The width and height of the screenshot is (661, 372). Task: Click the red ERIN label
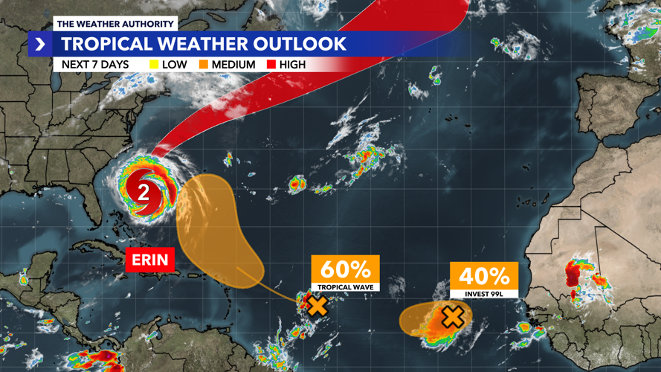pos(152,260)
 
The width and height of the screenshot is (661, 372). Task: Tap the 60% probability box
pos(345,269)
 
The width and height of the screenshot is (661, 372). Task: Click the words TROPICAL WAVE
pos(345,286)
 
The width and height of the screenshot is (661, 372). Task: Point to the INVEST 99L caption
pos(484,293)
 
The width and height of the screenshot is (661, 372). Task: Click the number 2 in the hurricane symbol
pos(142,191)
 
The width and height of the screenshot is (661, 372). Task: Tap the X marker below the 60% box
pos(317,304)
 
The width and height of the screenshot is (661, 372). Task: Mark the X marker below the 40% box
pos(452,317)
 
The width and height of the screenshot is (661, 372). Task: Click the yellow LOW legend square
pos(154,65)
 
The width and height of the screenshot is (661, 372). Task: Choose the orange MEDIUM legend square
pos(204,65)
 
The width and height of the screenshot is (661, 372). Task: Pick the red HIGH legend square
pos(271,65)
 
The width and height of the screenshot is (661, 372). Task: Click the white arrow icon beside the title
pos(40,45)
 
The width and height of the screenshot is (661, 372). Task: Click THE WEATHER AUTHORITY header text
pos(115,23)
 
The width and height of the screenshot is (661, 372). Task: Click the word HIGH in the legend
pos(292,65)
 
